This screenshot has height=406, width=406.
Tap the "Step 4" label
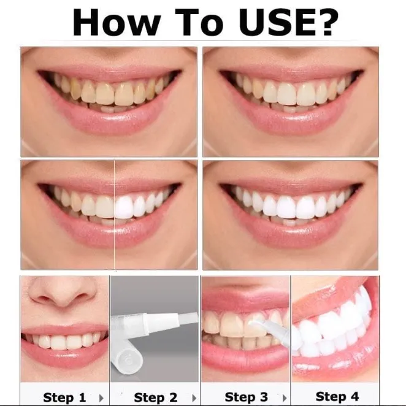[x=337, y=396]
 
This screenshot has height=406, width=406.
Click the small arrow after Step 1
[x=101, y=397]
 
